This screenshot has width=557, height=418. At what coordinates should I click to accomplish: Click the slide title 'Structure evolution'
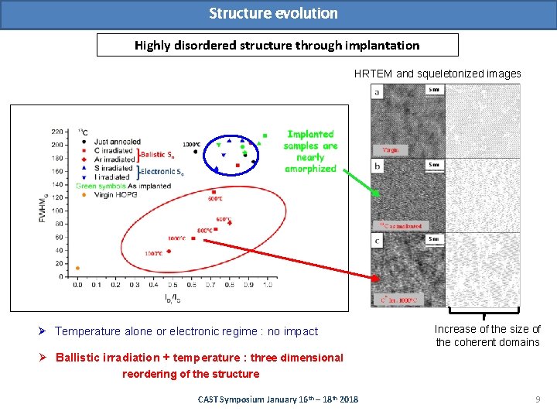click(273, 13)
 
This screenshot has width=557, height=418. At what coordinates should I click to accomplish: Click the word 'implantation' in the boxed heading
click(382, 45)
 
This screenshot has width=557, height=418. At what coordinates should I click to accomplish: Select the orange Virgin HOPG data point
click(77, 268)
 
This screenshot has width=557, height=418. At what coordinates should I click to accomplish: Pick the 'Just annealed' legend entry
click(116, 142)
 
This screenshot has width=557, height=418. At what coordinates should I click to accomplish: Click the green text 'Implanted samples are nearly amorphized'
click(310, 151)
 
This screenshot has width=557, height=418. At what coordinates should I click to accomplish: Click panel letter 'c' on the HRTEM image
click(378, 241)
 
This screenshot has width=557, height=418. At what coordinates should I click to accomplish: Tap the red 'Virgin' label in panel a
click(391, 149)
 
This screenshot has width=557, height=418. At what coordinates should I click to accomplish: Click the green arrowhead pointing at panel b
click(376, 194)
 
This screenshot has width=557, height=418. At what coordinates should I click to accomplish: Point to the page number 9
click(537, 399)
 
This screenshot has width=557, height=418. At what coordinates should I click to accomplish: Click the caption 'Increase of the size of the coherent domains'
click(487, 335)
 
